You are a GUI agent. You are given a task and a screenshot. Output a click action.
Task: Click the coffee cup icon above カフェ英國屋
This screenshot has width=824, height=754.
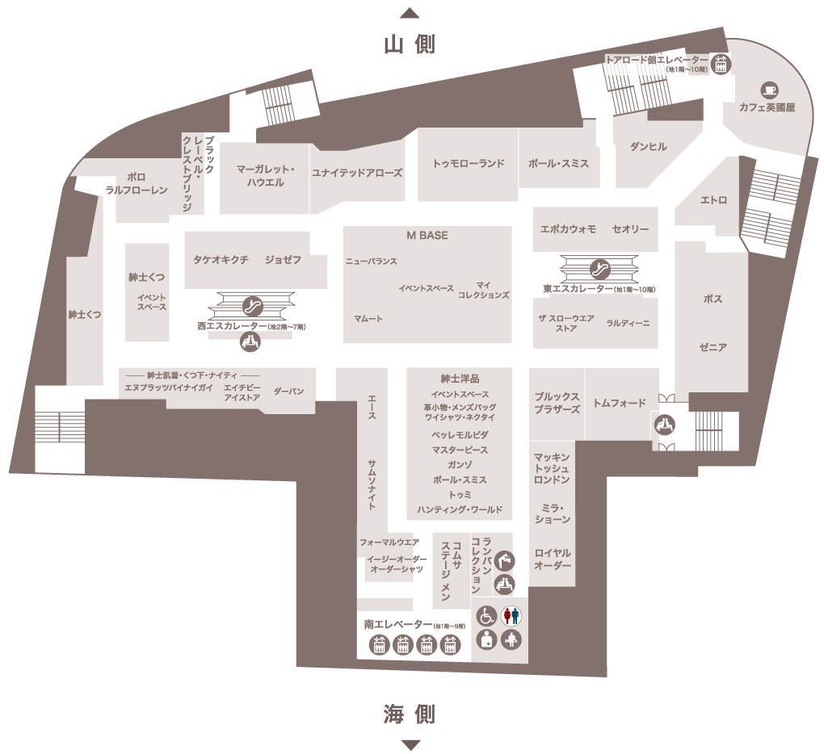769,90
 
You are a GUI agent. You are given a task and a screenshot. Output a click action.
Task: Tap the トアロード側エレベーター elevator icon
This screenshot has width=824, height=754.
721,64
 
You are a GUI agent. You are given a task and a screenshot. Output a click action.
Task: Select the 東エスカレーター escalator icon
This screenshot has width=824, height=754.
599,269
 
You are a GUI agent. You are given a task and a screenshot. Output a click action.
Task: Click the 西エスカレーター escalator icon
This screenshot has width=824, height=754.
252,306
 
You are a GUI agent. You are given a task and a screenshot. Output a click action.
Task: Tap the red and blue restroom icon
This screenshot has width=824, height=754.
511,615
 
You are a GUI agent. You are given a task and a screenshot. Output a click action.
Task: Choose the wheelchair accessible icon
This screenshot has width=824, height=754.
486,615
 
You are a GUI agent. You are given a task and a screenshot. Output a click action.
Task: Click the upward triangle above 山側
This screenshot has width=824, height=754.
410,13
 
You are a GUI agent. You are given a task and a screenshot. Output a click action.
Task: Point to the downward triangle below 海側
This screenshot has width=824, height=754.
410,744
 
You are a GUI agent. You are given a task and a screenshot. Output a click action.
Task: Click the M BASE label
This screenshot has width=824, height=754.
427,236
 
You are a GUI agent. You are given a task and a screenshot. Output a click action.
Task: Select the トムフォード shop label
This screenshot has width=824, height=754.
620,404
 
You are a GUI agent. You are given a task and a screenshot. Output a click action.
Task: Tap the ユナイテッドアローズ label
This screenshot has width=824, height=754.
357,173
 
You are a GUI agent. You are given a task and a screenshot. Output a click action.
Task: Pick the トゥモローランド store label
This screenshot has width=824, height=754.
469,163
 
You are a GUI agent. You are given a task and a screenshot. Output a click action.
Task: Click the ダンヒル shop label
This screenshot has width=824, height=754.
649,146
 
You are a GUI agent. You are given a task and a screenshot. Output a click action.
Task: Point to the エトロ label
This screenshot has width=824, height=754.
713,200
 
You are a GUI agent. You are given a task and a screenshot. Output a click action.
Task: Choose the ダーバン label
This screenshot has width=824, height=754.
288,392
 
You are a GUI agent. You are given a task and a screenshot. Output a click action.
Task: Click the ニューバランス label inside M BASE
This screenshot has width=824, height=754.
371,261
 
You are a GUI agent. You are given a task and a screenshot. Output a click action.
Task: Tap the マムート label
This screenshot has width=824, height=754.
368,319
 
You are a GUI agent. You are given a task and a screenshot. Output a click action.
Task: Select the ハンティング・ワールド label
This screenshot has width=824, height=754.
460,509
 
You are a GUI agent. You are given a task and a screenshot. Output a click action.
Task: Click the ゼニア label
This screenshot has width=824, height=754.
713,347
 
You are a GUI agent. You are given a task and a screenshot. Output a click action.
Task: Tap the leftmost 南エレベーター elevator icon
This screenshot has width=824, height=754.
379,645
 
